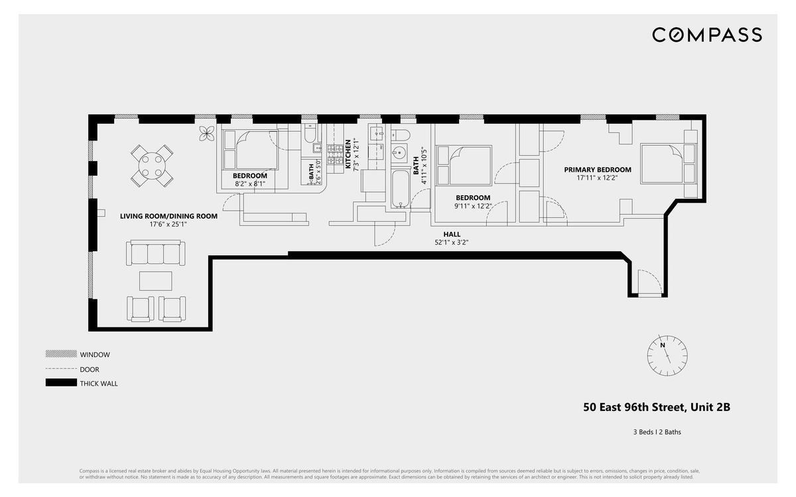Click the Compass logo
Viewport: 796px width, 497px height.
[706, 34]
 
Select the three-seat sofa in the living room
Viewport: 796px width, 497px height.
[156, 254]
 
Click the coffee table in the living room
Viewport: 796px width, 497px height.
[155, 280]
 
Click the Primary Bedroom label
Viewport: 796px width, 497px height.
[598, 170]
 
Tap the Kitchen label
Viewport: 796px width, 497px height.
[348, 154]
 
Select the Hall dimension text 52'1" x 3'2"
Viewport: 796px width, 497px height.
[452, 243]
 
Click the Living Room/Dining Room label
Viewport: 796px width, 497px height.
[168, 216]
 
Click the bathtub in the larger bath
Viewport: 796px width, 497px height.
[399, 189]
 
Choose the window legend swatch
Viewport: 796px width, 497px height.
[60, 355]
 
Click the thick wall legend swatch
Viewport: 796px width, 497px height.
[60, 383]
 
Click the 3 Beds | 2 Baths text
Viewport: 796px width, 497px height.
[657, 432]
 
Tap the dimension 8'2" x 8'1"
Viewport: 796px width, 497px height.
[249, 184]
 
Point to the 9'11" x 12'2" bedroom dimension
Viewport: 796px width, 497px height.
[472, 206]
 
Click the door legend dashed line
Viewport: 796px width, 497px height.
[60, 369]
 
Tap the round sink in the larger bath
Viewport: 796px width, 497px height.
[399, 152]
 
